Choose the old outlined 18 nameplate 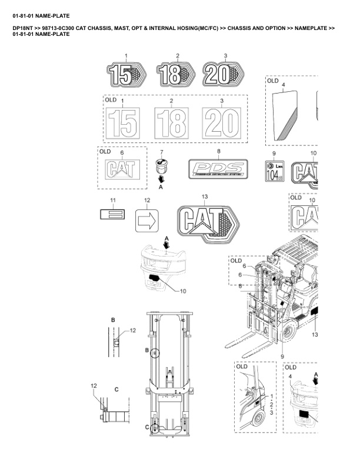click(171, 122)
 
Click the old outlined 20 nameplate click(221, 122)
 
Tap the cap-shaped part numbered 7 click(161, 167)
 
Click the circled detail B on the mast click(155, 353)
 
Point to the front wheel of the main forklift click(288, 335)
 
